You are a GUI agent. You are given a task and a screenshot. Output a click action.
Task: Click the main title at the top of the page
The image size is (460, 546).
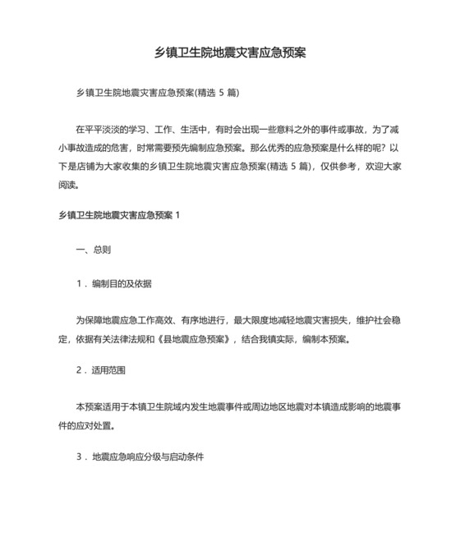(x=231, y=53)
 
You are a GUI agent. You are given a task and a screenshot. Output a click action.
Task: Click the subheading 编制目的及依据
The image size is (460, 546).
(x=122, y=283)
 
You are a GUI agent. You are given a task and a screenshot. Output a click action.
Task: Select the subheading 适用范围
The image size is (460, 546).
(x=109, y=371)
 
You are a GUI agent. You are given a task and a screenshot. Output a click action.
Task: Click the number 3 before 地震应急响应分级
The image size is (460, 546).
(x=78, y=456)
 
